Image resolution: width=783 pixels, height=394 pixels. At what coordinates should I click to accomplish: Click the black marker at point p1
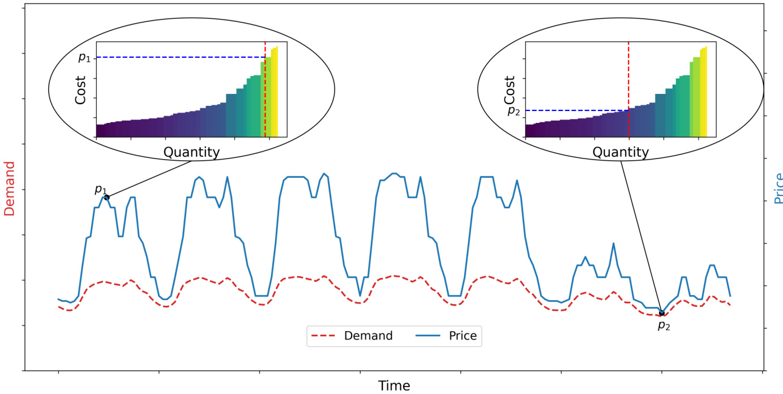click(x=106, y=197)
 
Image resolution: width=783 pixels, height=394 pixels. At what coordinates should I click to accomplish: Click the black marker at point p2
click(x=661, y=313)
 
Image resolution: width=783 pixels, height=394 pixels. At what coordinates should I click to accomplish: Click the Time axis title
click(x=394, y=386)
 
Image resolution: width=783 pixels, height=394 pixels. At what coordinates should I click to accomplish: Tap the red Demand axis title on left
click(x=10, y=189)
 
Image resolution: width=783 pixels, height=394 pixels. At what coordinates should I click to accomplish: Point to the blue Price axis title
click(x=778, y=189)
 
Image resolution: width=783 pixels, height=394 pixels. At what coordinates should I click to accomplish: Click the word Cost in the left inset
click(x=81, y=89)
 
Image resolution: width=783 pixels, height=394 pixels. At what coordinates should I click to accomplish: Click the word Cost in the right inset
click(x=510, y=89)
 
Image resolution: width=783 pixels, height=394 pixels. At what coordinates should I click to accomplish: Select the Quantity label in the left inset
click(x=191, y=152)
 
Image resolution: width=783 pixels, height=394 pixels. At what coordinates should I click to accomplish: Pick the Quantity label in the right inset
click(x=621, y=152)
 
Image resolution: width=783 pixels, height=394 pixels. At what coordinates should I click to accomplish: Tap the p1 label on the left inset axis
click(x=84, y=57)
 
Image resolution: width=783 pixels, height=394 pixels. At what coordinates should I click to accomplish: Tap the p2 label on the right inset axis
click(x=514, y=110)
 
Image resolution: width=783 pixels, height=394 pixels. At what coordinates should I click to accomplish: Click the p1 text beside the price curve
click(x=100, y=189)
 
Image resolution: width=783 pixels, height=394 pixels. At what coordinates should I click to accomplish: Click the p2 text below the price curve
click(x=664, y=325)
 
